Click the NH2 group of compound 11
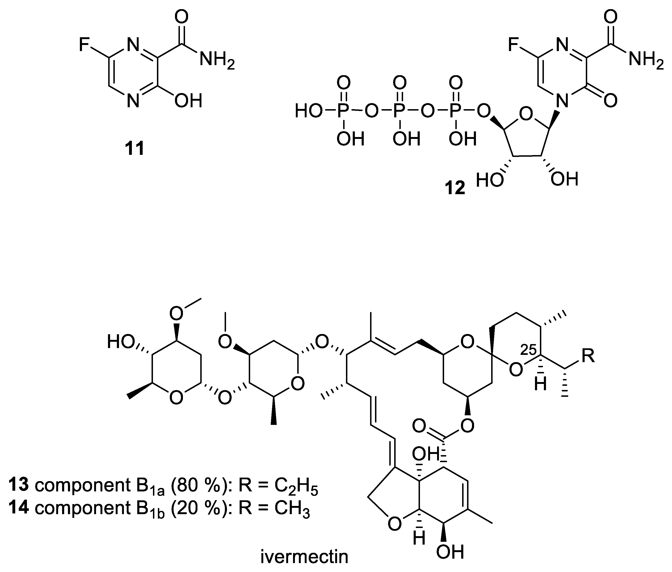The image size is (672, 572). pyautogui.click(x=217, y=60)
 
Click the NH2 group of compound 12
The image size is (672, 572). pyautogui.click(x=646, y=60)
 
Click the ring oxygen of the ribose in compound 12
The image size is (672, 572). pyautogui.click(x=526, y=114)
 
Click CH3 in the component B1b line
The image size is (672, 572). pyautogui.click(x=292, y=509)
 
